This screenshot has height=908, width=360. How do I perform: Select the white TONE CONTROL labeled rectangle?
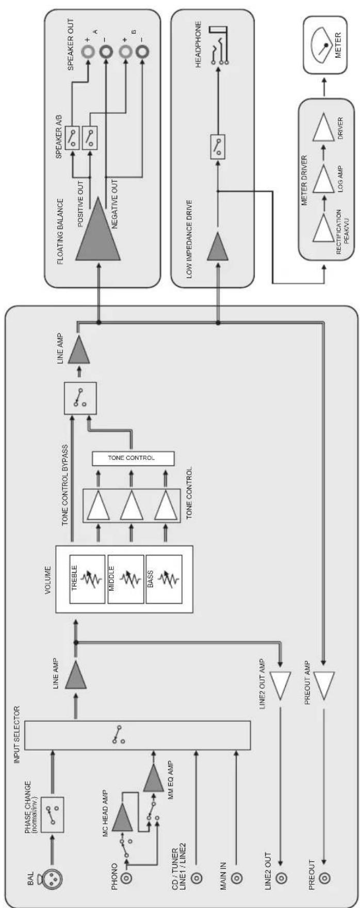133,458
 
